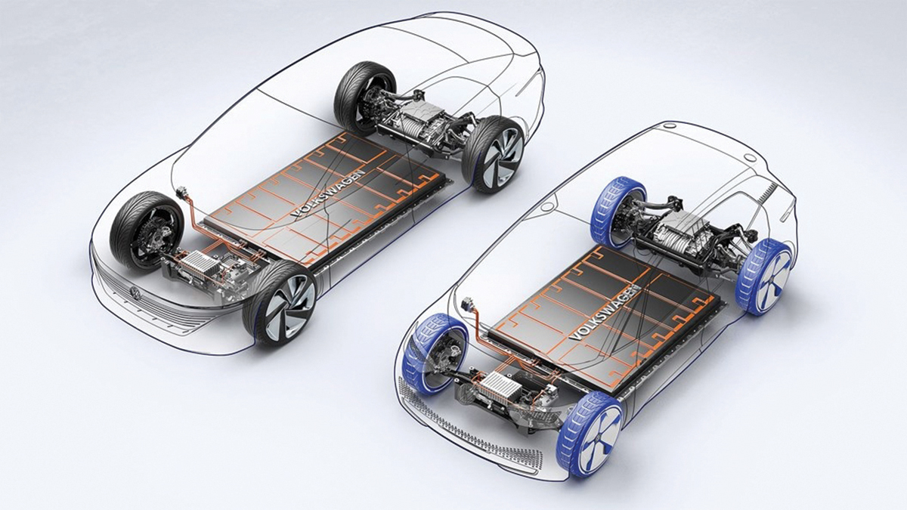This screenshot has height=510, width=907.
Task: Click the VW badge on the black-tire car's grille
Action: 135,293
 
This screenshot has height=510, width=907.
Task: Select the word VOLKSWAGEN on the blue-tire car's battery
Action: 605,314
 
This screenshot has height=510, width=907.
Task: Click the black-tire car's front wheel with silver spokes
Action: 280,303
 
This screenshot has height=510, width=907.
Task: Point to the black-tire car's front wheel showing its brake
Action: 147,231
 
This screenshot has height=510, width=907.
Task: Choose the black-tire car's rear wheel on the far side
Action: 364,98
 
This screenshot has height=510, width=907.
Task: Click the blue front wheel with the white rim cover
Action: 590,434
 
